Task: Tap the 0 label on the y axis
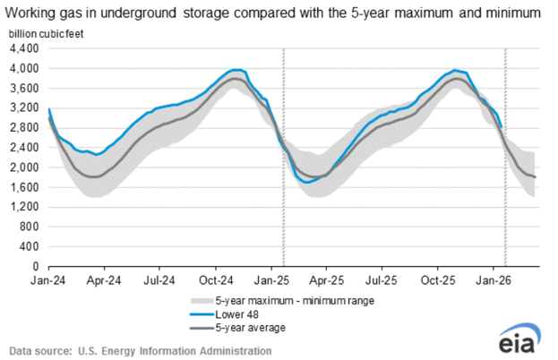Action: click(37, 266)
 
